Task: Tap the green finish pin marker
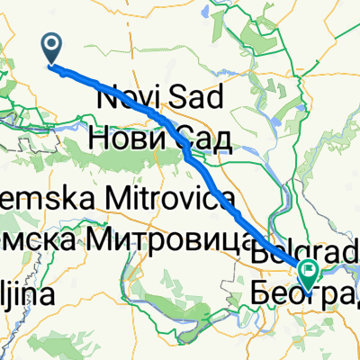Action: [310, 271]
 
